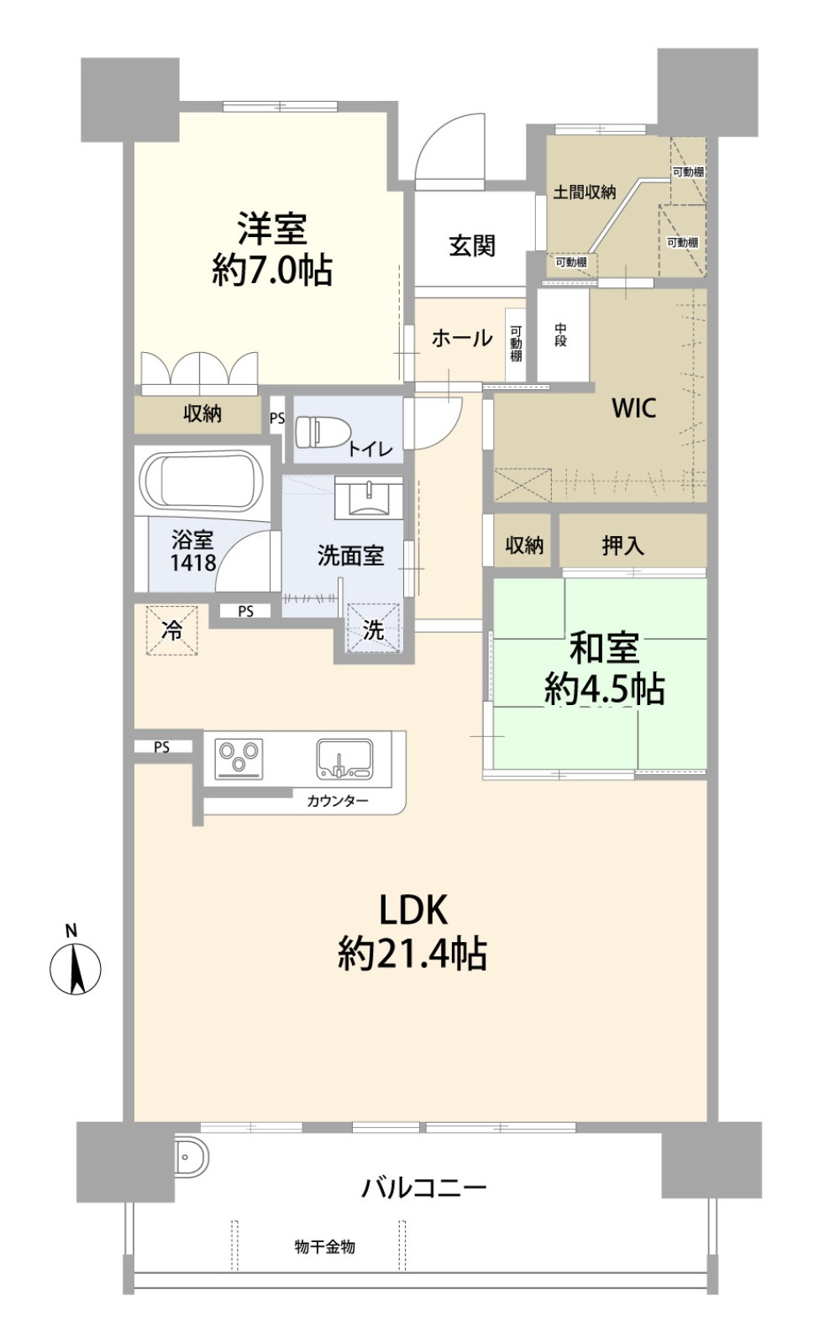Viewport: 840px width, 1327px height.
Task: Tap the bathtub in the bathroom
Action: pos(201,480)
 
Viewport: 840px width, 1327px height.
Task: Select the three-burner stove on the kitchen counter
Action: pos(239,759)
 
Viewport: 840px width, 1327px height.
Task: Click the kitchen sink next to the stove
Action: pos(344,759)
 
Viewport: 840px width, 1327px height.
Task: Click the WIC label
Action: pos(633,408)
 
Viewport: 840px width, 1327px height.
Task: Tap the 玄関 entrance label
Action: pos(472,245)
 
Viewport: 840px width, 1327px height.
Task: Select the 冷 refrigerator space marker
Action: pos(172,630)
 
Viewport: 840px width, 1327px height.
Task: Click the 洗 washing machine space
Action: pos(374,629)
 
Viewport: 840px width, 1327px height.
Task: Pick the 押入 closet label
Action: pos(622,545)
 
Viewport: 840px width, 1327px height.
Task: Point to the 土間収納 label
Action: pos(585,192)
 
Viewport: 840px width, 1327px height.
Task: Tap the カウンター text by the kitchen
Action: pos(338,802)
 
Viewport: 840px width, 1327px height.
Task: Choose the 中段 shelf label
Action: pos(560,335)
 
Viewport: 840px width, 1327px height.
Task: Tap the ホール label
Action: pos(462,338)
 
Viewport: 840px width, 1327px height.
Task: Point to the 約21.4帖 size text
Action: pos(412,954)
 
